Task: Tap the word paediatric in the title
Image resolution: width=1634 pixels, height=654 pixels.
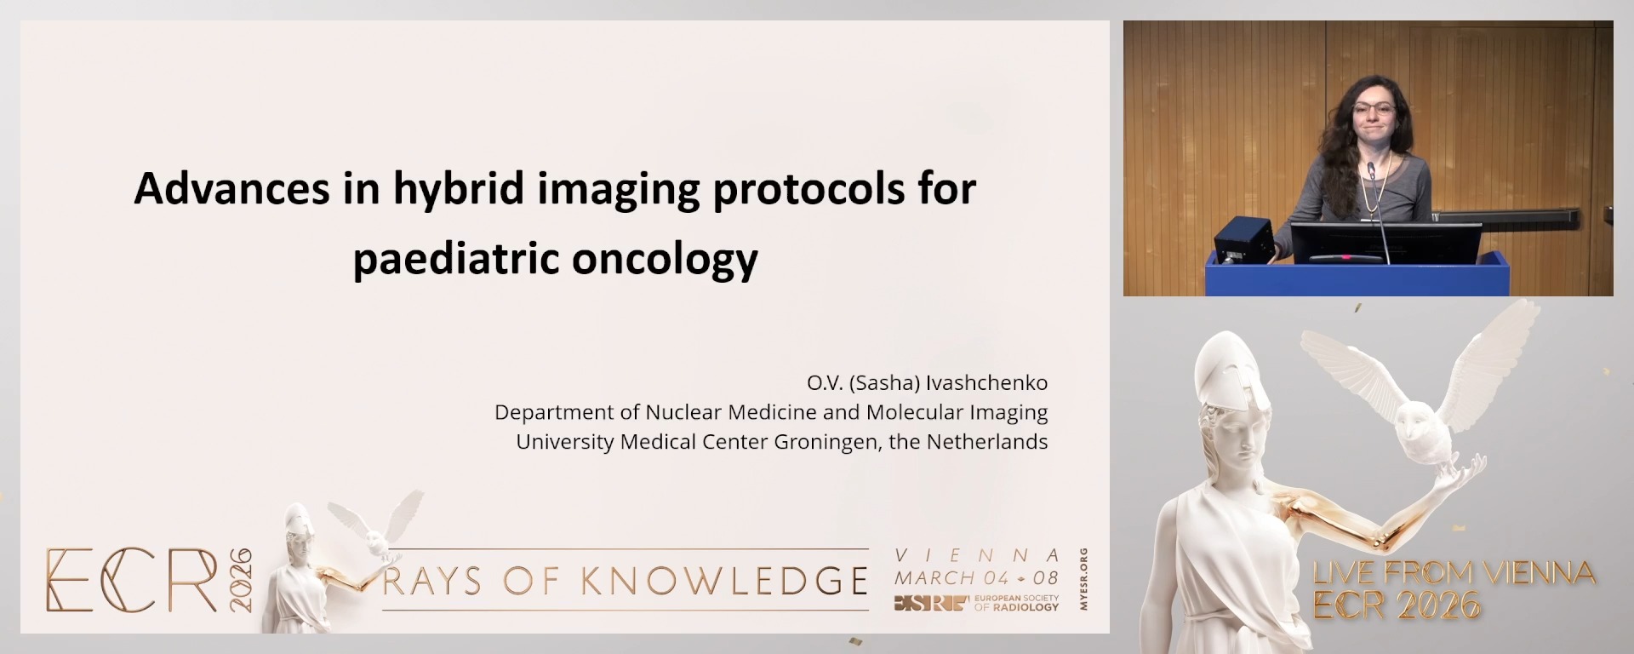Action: (456, 259)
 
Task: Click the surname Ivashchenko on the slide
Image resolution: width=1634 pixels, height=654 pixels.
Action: (987, 383)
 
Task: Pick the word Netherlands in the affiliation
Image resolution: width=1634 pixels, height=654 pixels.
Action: (986, 442)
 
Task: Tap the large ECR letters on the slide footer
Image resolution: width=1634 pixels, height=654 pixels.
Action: (132, 581)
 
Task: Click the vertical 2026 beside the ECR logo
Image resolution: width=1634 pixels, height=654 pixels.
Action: (241, 579)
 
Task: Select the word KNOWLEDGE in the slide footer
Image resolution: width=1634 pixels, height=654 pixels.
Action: (723, 582)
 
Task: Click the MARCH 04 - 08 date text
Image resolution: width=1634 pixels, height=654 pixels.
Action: (975, 577)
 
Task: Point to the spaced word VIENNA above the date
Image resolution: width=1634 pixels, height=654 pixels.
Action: (977, 555)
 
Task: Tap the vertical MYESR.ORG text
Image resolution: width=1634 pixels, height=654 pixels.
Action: (1083, 579)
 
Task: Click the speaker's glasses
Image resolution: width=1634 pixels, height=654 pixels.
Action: (1373, 110)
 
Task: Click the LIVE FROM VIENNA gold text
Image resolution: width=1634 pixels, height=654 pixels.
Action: (1454, 573)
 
